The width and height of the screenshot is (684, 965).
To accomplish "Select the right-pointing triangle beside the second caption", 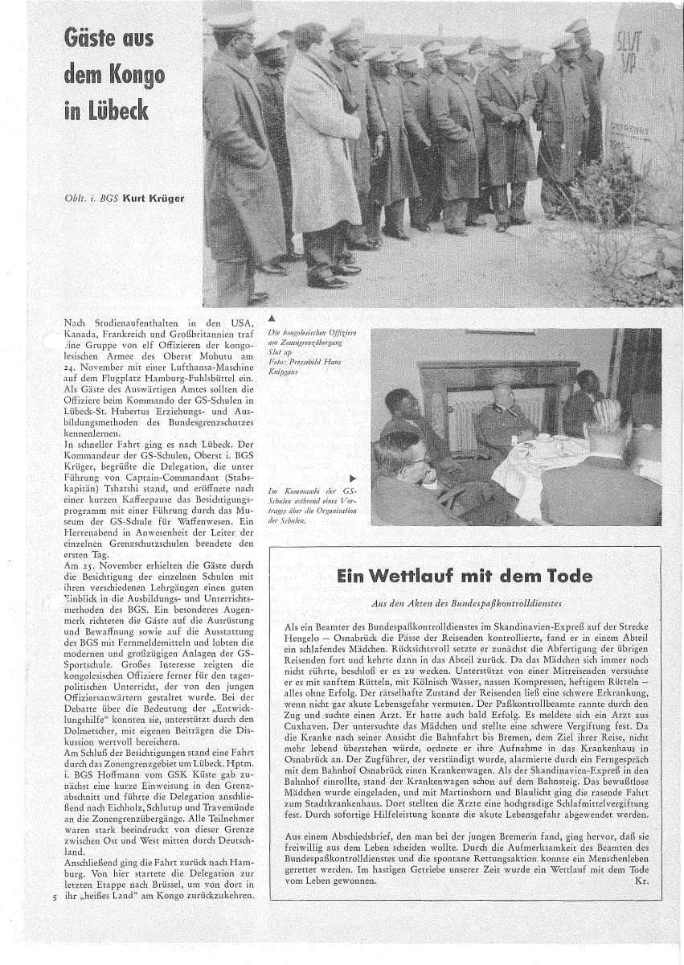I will [353, 476].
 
